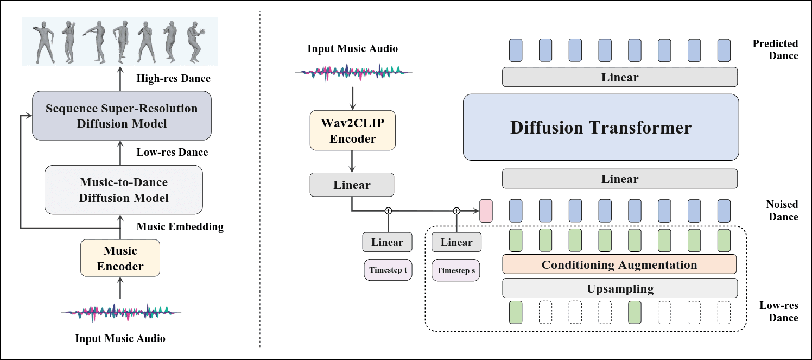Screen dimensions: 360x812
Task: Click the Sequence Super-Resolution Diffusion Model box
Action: (x=121, y=116)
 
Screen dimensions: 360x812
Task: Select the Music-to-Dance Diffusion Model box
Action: (x=123, y=190)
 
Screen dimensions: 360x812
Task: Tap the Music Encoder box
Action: (x=120, y=258)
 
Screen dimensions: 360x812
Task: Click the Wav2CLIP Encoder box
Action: (x=352, y=130)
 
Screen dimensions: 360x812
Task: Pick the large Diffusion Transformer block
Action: (x=601, y=128)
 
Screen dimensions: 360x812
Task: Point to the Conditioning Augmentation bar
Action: (x=619, y=264)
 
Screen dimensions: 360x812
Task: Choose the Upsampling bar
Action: (x=619, y=288)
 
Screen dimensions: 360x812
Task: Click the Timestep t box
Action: (x=388, y=270)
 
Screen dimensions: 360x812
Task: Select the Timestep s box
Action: (x=455, y=270)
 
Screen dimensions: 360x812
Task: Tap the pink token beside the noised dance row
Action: (x=486, y=211)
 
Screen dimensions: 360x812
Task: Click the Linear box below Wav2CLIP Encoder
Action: (x=352, y=185)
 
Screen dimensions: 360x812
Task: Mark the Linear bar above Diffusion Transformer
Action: (x=619, y=77)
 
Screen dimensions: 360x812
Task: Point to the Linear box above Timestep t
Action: (x=387, y=242)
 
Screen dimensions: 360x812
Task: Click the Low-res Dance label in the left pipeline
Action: (x=172, y=153)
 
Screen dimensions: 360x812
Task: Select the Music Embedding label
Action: (x=180, y=226)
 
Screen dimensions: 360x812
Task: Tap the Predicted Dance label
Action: (x=775, y=49)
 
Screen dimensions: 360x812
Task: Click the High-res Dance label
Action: (x=174, y=79)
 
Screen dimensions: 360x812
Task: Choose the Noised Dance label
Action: (x=782, y=211)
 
